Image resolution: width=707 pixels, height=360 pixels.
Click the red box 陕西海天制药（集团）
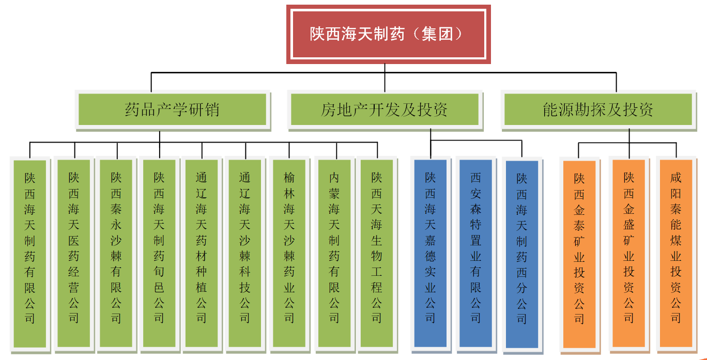388,34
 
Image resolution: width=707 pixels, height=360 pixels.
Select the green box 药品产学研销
172,109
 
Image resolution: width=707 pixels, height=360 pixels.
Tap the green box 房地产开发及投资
385,109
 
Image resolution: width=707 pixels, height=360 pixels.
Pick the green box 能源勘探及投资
598,109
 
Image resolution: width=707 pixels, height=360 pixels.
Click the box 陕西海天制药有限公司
30,253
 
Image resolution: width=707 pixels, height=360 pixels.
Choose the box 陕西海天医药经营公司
74,253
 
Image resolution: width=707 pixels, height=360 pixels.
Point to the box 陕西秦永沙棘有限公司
116,253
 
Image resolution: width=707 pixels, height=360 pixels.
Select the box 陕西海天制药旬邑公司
159,253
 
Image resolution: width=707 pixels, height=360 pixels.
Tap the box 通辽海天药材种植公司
202,253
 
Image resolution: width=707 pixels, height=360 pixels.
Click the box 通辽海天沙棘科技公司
245,253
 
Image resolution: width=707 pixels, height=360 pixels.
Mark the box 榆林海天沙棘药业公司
289,253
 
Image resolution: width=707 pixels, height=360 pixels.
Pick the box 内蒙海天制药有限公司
334,253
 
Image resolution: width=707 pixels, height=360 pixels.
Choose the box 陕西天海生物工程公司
377,253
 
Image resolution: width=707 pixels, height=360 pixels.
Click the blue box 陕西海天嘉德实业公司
431,253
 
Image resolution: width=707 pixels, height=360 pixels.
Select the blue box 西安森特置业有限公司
475,253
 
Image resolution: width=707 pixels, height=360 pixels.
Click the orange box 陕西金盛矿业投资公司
629,253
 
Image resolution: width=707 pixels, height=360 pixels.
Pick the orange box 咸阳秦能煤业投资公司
676,253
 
